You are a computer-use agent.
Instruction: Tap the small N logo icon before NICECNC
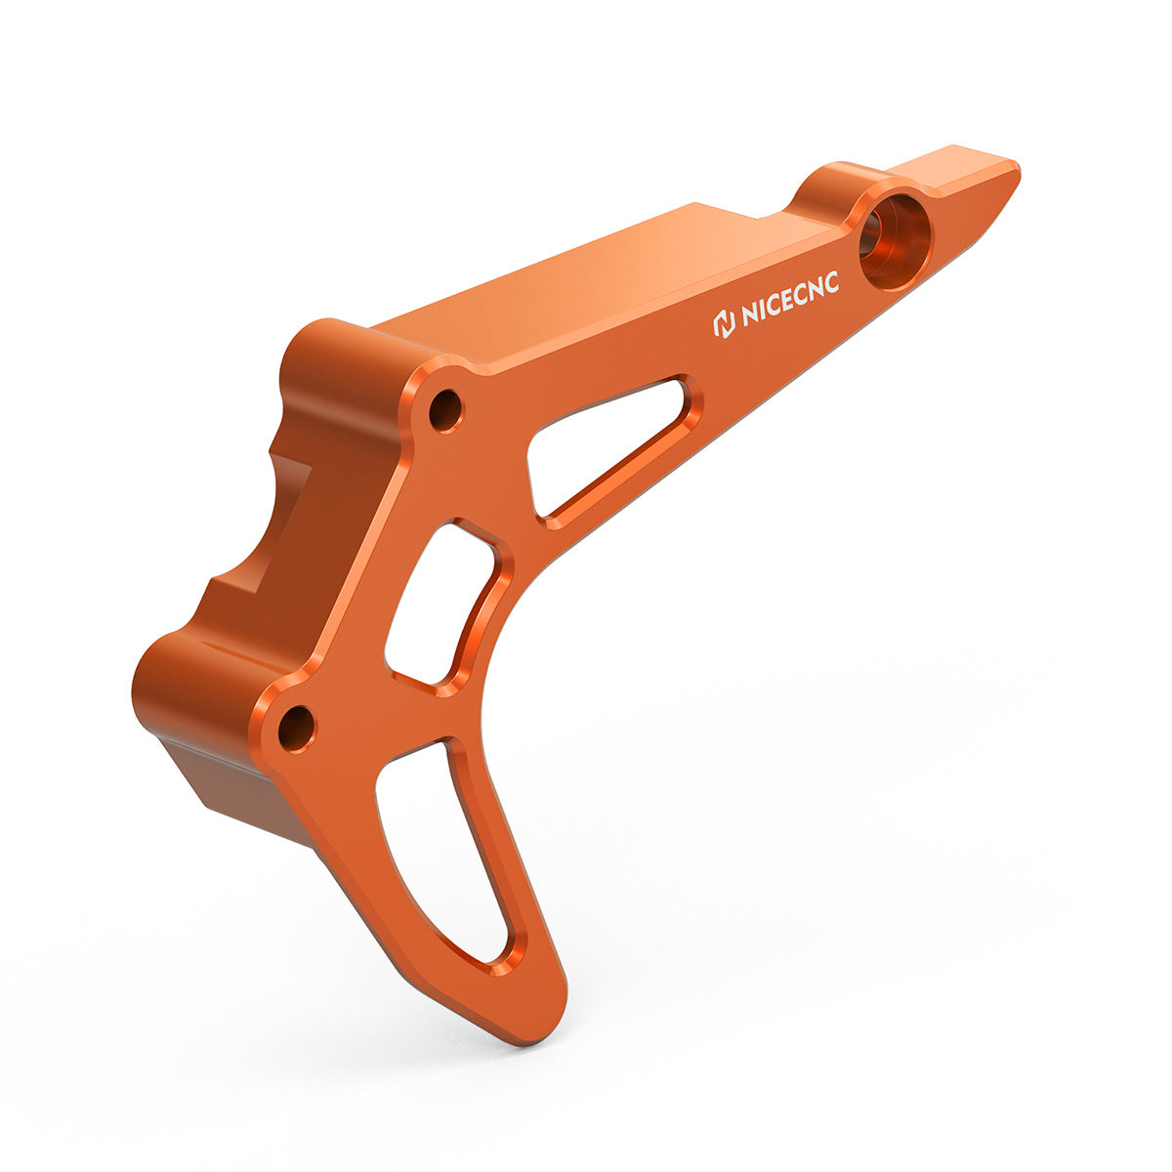pyautogui.click(x=724, y=325)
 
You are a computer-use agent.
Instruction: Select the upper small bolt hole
pyautogui.click(x=445, y=410)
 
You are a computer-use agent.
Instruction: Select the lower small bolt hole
pyautogui.click(x=296, y=728)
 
